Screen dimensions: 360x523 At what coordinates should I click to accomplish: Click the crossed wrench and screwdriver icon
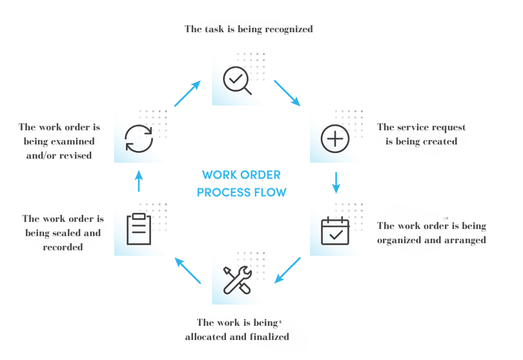coord(236,279)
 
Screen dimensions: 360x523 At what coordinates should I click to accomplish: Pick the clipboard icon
coord(139,229)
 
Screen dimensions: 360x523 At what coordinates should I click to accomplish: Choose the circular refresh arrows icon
coord(139,138)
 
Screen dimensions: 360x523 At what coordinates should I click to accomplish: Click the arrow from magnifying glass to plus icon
coord(287,93)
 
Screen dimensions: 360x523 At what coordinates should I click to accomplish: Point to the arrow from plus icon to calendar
coord(336,183)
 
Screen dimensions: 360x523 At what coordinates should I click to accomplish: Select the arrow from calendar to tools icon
coord(288,270)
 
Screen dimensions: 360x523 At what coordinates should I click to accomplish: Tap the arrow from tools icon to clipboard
coord(188,270)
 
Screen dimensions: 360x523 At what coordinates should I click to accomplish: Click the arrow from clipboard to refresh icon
coord(139,182)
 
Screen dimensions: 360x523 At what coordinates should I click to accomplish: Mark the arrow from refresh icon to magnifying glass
coord(187,94)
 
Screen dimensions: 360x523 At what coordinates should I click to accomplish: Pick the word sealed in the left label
coord(72,233)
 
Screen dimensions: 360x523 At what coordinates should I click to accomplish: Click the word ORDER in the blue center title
coord(260,175)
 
